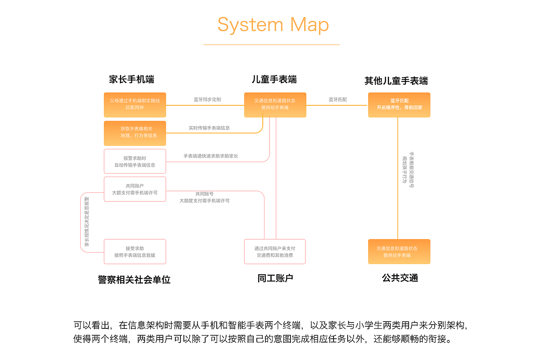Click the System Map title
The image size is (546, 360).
coord(273,25)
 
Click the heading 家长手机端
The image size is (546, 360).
coord(131,79)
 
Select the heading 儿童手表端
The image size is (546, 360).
coord(274,79)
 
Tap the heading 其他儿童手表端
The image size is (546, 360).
coord(396,81)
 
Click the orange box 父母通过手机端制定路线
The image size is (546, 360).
coord(135,105)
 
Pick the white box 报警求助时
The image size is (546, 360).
coord(135,161)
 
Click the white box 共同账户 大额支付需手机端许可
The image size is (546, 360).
coord(135,189)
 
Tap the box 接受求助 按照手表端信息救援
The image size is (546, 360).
coord(135,252)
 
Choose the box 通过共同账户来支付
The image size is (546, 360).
coord(275,252)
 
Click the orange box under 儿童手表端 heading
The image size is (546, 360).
coord(275,105)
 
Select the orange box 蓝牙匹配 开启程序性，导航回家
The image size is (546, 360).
coord(399,105)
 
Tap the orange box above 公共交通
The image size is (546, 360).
coord(399,252)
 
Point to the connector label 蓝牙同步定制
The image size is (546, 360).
coord(207,99)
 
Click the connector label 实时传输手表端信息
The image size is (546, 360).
coord(209,128)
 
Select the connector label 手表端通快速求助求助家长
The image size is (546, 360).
coord(211,156)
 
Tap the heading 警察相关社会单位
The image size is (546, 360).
coord(134,280)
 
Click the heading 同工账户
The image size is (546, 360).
coord(275,279)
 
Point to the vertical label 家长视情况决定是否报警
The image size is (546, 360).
coord(87,222)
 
